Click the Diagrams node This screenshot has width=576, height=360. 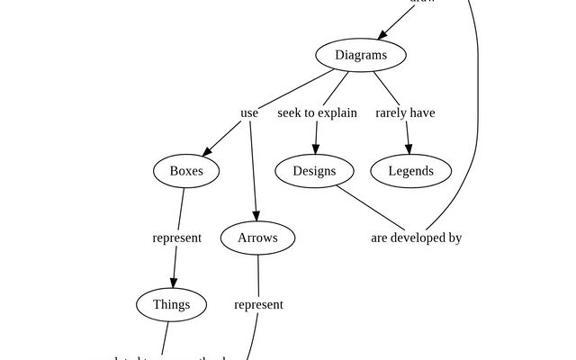pos(361,55)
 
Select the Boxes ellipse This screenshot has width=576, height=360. pos(186,171)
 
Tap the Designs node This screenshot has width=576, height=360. pos(314,171)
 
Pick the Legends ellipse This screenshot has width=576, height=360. pos(410,171)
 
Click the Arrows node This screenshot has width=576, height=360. pos(257,238)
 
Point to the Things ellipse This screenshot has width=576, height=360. pos(171,304)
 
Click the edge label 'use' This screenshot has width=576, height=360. pos(249,113)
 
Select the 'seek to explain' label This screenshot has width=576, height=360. pos(317,113)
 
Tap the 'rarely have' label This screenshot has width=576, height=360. pos(405,113)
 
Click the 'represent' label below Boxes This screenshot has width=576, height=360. pos(176,238)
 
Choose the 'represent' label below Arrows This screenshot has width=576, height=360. pos(258,305)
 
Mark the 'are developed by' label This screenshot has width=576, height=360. pos(416,238)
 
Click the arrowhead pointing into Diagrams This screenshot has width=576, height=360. pos(383,35)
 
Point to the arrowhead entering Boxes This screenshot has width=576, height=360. pos(209,152)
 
